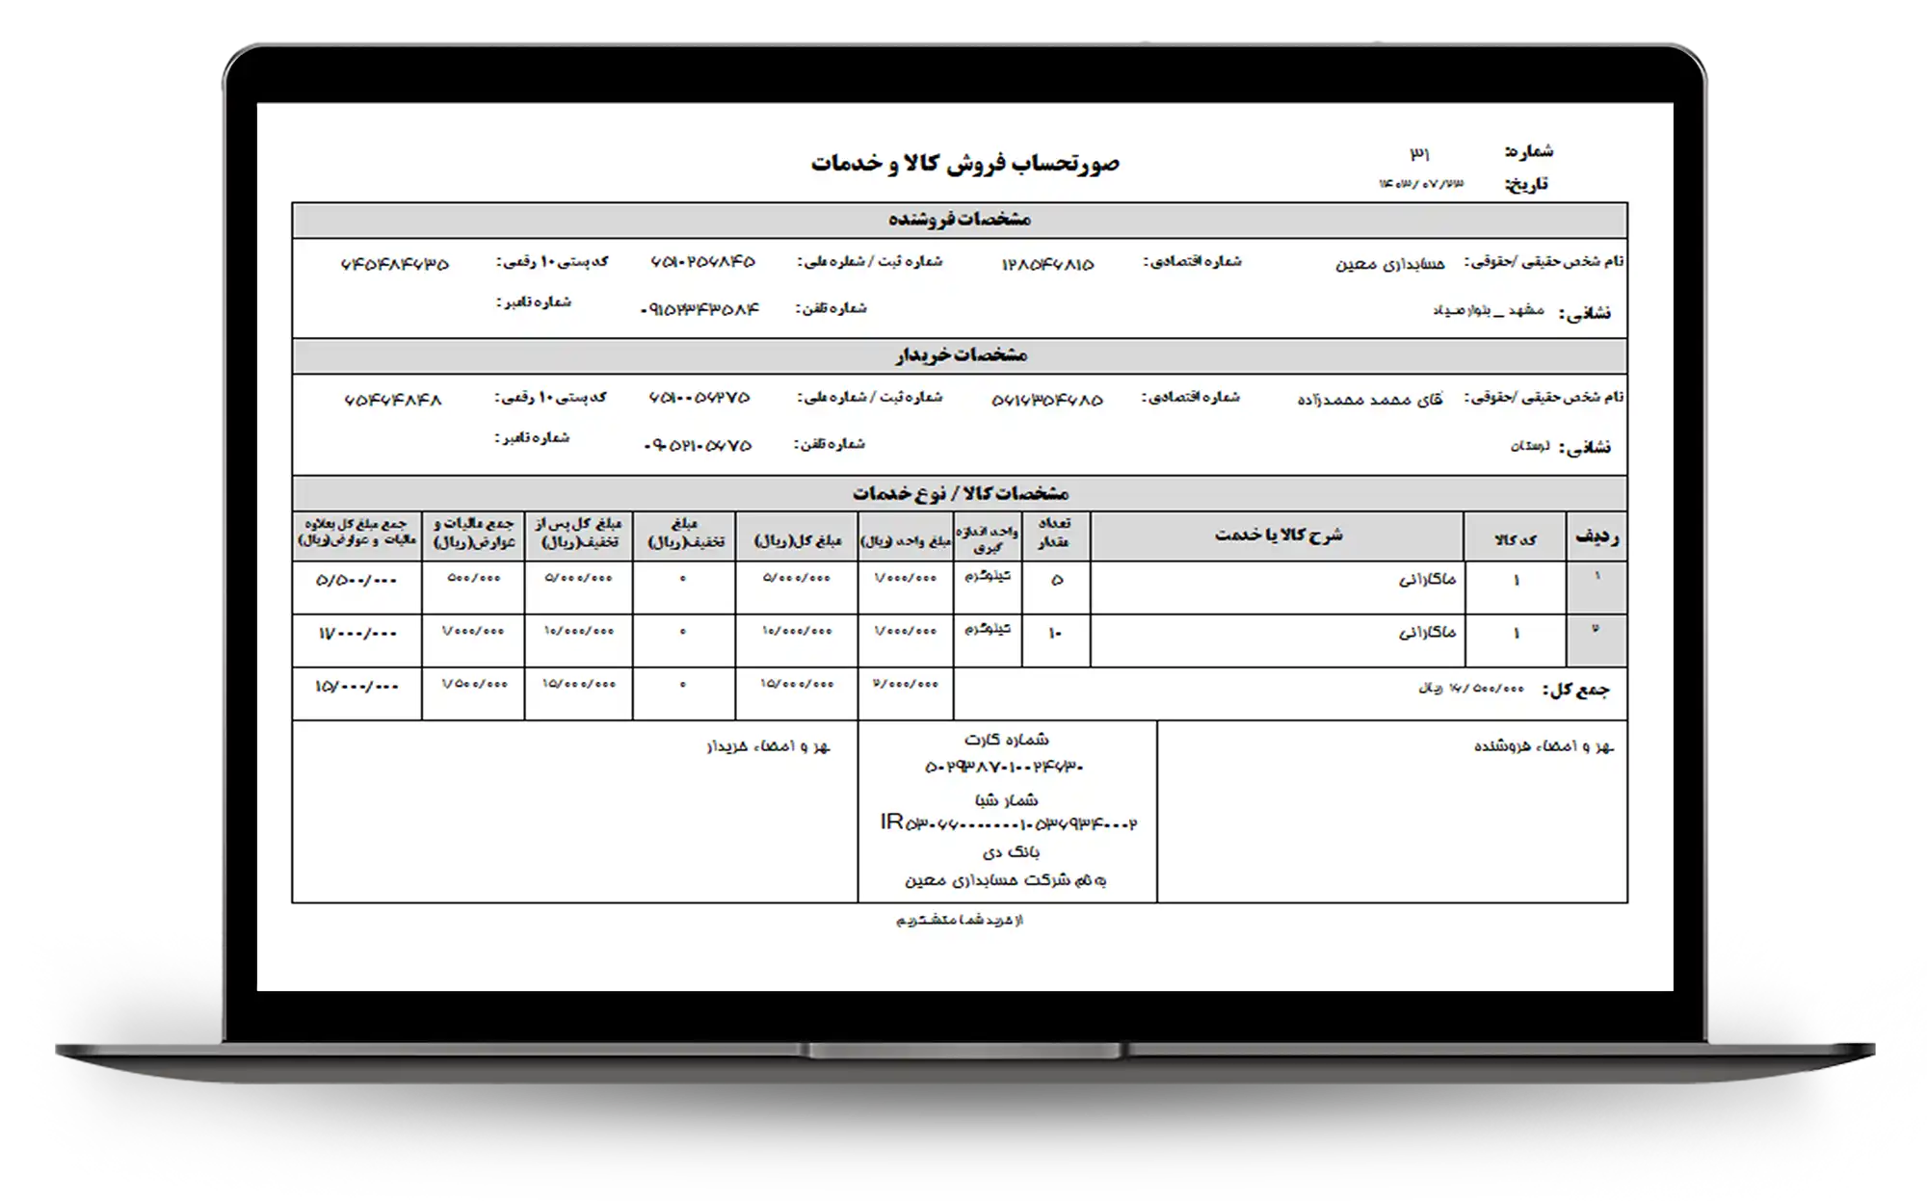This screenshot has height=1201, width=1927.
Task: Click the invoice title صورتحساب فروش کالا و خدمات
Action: click(964, 163)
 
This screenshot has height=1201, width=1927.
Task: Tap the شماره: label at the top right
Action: click(1528, 151)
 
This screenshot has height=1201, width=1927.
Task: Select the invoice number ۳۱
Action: click(1420, 153)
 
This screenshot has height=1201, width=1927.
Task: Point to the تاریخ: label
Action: click(1526, 184)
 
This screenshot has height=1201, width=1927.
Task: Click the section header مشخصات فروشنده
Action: click(960, 220)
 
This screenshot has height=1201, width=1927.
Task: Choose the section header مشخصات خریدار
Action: click(961, 355)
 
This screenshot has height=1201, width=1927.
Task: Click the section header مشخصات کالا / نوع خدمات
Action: click(961, 493)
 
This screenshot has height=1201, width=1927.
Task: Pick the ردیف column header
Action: click(1597, 537)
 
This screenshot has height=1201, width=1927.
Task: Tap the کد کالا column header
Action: click(1516, 539)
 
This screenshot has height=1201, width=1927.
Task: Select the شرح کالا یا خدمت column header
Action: click(1278, 535)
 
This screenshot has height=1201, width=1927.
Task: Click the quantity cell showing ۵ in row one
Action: click(1057, 580)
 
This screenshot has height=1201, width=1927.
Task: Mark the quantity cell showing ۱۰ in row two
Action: click(1055, 634)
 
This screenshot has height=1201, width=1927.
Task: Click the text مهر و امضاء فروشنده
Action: click(1544, 747)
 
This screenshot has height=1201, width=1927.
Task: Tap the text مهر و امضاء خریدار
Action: click(768, 746)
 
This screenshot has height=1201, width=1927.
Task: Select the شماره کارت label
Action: click(1007, 740)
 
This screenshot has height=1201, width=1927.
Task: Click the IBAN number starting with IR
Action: click(1008, 823)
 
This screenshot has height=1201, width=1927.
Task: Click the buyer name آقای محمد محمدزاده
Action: click(1370, 399)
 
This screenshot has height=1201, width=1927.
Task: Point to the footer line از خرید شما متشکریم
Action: click(960, 921)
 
